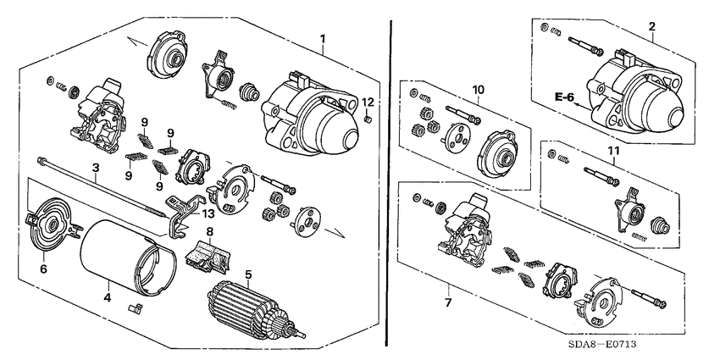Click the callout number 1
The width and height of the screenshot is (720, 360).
323,39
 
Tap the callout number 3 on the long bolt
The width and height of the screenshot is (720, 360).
97,168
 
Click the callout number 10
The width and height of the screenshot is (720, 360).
477,89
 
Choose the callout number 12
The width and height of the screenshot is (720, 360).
368,102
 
